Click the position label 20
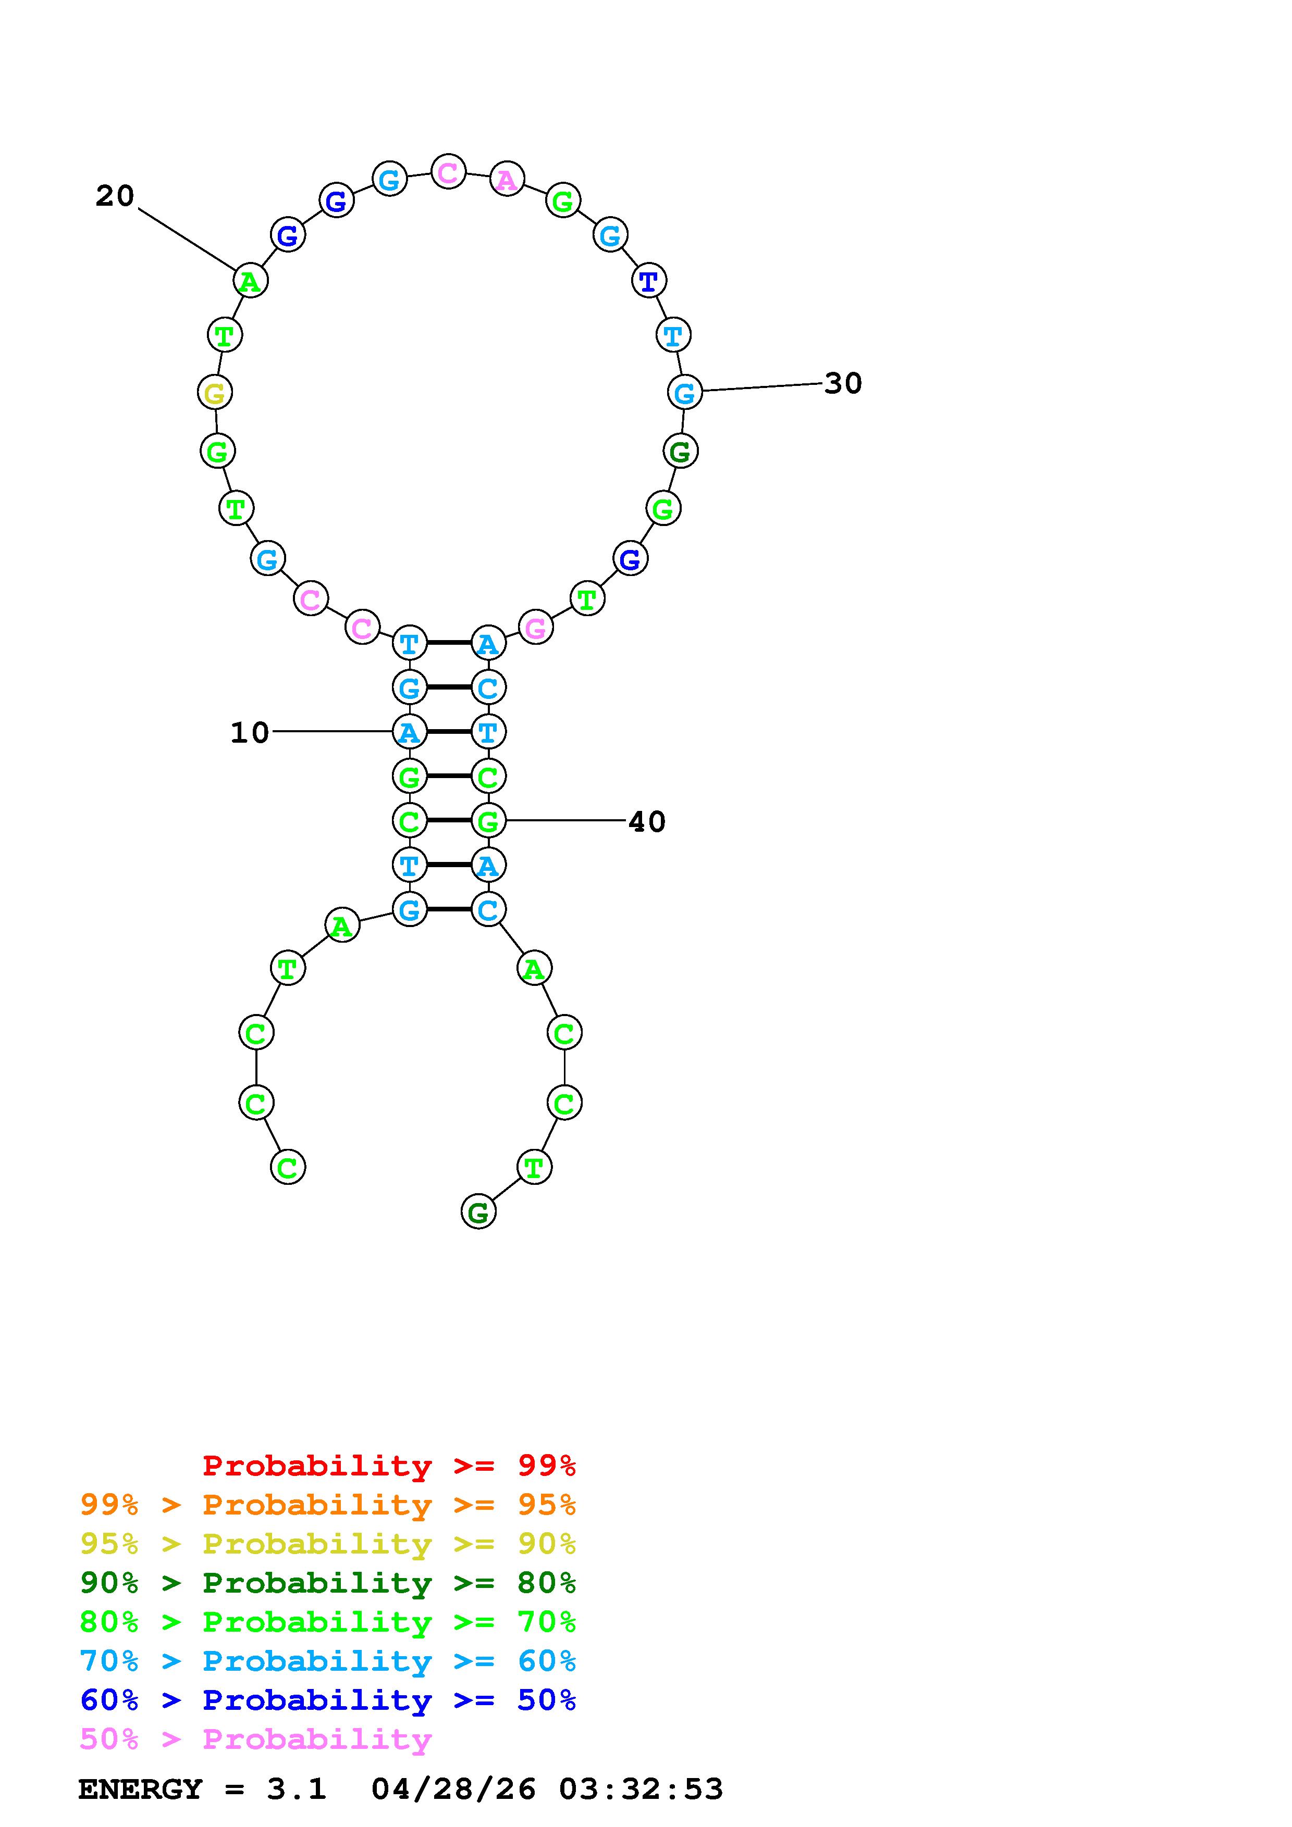pyautogui.click(x=115, y=196)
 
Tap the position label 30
pyautogui.click(x=843, y=383)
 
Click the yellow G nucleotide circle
pyautogui.click(x=215, y=392)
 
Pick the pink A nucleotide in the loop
pyautogui.click(x=507, y=179)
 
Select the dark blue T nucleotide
pyautogui.click(x=649, y=280)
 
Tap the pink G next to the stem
pyautogui.click(x=536, y=628)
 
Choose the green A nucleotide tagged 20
pyautogui.click(x=250, y=280)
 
